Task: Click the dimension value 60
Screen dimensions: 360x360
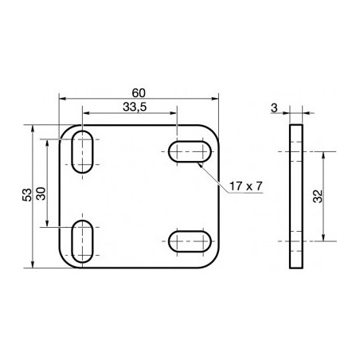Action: pos(139,92)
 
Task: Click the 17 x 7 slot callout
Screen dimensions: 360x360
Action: pos(245,186)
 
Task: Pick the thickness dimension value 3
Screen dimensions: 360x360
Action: pos(273,108)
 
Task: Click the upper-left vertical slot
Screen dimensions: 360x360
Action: pos(81,151)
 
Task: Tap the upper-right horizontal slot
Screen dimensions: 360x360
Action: pos(190,151)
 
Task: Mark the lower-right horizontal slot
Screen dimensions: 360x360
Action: pos(190,241)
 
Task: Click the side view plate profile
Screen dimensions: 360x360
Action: pos(296,196)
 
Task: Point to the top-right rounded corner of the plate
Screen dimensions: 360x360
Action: pos(213,131)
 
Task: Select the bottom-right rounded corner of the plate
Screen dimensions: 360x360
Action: pos(213,260)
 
